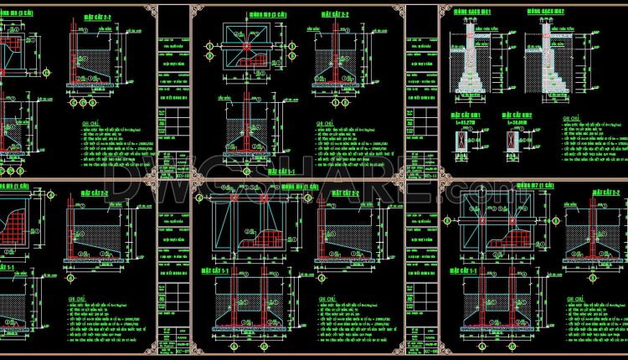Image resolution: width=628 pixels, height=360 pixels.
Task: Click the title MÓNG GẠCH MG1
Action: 467,13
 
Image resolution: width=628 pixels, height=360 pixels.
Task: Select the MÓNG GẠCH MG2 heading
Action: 544,13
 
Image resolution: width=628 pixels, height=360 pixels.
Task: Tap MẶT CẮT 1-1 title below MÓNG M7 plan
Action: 462,271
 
